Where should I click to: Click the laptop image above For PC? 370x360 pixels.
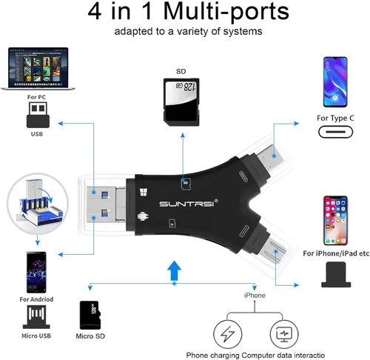38,69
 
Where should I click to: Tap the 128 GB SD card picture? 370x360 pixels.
181,102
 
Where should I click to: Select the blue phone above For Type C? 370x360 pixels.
335,82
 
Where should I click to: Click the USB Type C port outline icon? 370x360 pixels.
335,132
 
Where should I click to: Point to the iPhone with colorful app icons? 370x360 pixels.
335,221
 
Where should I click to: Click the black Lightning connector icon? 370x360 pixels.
336,275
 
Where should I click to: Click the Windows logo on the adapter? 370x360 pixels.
144,192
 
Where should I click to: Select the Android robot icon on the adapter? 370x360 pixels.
143,216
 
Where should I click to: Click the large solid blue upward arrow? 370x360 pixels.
174,270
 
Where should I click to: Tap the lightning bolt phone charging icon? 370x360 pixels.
227,334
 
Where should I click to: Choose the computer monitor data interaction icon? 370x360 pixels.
284,334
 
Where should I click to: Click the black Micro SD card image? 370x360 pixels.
90,315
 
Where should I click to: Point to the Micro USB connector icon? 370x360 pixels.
36,317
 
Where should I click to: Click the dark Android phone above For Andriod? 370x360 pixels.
36,272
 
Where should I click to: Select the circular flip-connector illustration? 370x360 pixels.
38,204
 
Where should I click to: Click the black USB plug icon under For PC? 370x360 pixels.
38,115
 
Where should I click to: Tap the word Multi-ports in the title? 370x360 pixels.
226,11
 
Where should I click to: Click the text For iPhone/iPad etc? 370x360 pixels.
336,253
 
